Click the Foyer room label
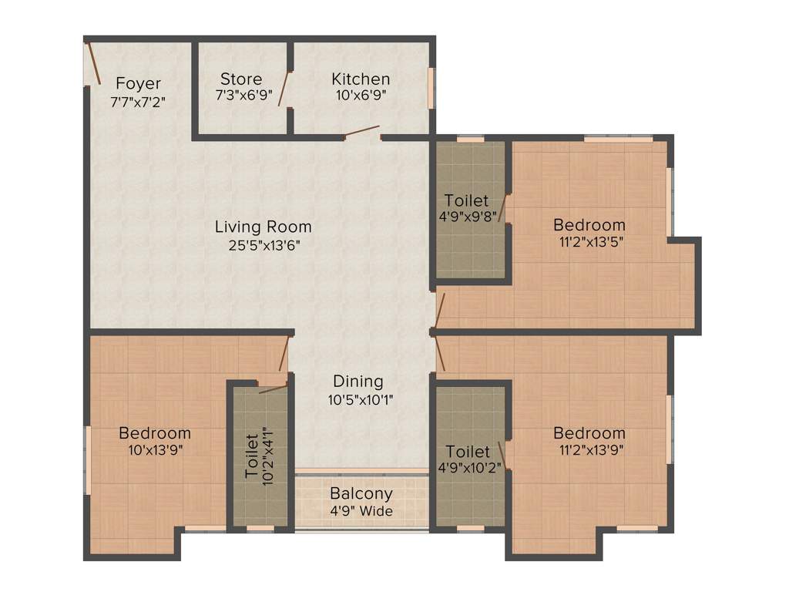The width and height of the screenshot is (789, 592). click(x=139, y=83)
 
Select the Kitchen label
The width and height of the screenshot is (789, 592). click(x=361, y=79)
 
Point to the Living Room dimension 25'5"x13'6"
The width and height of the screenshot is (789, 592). click(x=264, y=244)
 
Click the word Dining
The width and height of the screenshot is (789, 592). click(x=358, y=382)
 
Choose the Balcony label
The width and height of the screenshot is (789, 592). click(x=361, y=493)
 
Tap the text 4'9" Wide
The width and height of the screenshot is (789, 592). click(x=361, y=511)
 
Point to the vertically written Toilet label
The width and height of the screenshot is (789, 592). click(x=252, y=456)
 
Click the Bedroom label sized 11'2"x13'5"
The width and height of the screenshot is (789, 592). click(x=589, y=225)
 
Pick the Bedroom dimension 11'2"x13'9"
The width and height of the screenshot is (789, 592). click(x=589, y=450)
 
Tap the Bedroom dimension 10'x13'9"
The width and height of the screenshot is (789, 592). click(x=155, y=449)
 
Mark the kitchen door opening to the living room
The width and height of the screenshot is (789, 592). click(x=362, y=132)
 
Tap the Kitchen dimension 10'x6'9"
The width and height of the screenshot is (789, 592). click(x=361, y=96)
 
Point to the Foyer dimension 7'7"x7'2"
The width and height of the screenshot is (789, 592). click(x=139, y=100)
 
